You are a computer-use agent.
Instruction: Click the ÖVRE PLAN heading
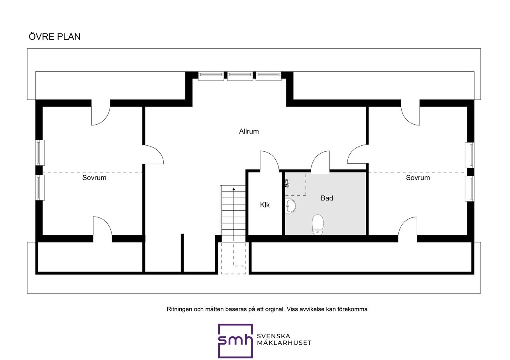(x=55, y=37)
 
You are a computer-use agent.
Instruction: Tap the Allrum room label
(x=249, y=131)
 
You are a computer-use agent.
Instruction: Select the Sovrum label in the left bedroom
(x=94, y=178)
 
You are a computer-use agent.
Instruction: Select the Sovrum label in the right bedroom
(x=418, y=178)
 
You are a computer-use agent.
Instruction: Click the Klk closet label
(x=265, y=205)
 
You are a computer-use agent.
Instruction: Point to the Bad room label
(x=327, y=198)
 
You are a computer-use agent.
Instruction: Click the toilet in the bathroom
(x=318, y=225)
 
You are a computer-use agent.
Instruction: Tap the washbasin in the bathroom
(x=290, y=206)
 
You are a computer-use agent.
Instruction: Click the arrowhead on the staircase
(x=233, y=189)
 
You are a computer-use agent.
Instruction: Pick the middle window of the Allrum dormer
(x=240, y=76)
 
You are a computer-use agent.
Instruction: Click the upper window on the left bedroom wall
(x=40, y=153)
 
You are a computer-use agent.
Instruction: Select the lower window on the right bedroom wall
(x=469, y=189)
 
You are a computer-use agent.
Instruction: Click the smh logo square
(x=235, y=341)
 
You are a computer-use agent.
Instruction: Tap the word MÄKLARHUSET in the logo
(x=284, y=343)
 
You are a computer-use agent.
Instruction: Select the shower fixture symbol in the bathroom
(x=287, y=184)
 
